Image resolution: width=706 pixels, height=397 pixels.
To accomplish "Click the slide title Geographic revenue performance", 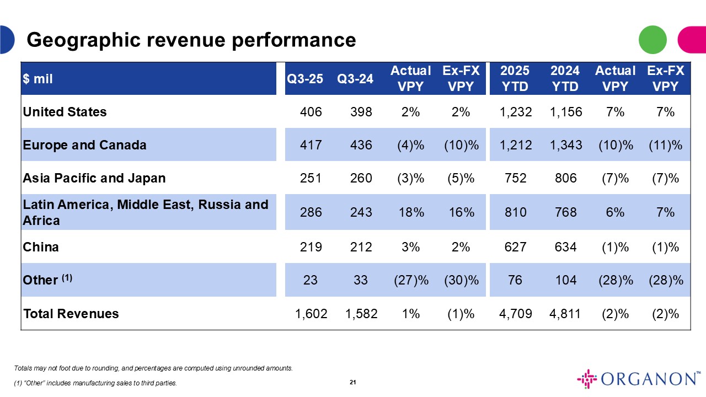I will [191, 40].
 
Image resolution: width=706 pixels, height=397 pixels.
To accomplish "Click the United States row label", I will [65, 112].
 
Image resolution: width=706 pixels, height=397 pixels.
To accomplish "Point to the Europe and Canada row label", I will [84, 145].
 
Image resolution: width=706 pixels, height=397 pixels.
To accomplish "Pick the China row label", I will [41, 246].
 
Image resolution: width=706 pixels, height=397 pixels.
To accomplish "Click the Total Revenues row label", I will [71, 314].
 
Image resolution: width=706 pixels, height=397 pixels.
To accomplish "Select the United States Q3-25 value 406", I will [311, 112].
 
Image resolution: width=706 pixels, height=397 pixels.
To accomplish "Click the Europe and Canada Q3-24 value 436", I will [361, 145].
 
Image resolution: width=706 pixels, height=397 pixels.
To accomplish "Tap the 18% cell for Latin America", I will [410, 212].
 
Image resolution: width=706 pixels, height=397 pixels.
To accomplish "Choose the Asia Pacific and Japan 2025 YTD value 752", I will [516, 178].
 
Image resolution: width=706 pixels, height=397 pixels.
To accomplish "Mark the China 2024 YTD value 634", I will [565, 246].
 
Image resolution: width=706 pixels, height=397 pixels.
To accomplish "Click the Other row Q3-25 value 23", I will [311, 280].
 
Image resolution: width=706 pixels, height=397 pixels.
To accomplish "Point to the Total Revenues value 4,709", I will [516, 314].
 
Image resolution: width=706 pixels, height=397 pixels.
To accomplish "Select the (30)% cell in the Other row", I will [461, 280].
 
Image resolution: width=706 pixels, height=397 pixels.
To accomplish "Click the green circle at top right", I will [652, 40].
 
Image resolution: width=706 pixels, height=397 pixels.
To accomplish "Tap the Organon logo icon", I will [587, 379].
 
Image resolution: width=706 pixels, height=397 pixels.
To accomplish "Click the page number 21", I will [353, 382].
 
